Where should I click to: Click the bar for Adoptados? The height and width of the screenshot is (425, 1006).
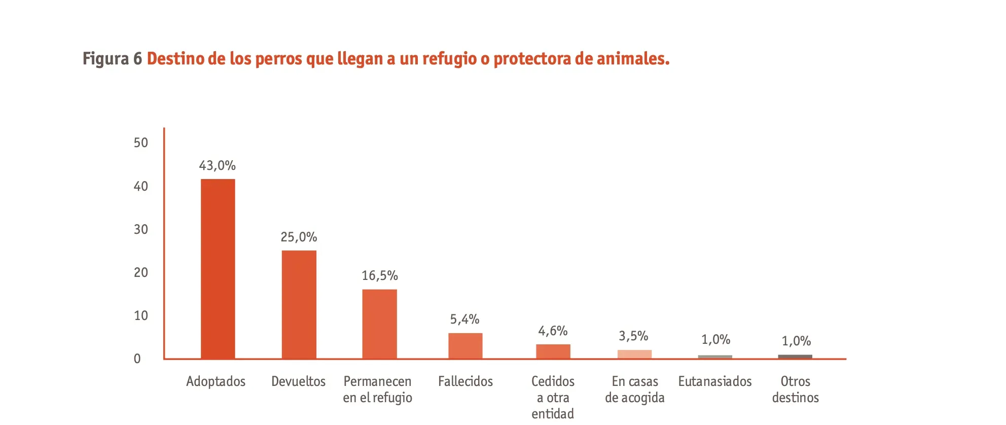[218, 269]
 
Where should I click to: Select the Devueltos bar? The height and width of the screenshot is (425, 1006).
[299, 304]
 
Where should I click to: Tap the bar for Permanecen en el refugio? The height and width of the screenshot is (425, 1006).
[380, 324]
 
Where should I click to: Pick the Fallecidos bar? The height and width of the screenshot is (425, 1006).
[465, 346]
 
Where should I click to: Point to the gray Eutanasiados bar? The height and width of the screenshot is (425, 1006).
[715, 357]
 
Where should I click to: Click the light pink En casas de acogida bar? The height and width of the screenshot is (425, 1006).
[634, 354]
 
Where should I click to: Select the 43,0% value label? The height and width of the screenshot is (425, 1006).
[217, 166]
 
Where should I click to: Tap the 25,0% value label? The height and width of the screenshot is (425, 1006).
[299, 237]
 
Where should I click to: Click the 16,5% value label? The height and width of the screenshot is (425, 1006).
[380, 276]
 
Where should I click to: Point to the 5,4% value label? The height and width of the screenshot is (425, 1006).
[465, 320]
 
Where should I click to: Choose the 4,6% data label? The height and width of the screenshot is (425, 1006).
[553, 331]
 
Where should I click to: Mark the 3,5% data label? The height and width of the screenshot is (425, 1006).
[633, 336]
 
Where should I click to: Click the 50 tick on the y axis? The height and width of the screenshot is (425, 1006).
[141, 143]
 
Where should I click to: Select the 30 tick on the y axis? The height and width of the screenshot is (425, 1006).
[141, 230]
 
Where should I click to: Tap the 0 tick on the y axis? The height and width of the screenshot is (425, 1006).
[137, 359]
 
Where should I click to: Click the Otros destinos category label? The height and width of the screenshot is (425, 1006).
[796, 389]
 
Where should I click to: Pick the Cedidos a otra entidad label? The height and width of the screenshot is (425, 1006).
[553, 398]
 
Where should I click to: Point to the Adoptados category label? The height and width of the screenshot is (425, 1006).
[215, 382]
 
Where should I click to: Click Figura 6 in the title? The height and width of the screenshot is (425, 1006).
[113, 59]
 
